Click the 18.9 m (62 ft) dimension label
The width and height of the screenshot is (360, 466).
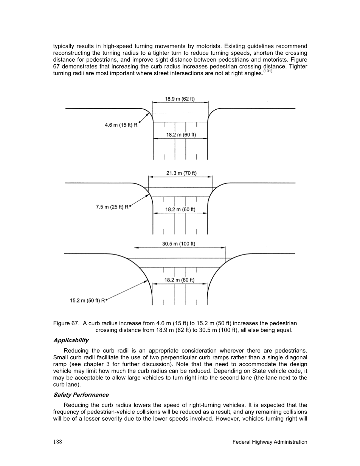pyautogui.click(x=180, y=99)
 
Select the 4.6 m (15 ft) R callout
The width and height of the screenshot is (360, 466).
pyautogui.click(x=121, y=125)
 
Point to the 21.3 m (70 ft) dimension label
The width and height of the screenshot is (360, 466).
pyautogui.click(x=182, y=173)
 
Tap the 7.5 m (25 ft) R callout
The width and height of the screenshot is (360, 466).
pyautogui.click(x=112, y=207)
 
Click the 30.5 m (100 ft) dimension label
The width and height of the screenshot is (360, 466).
pyautogui.click(x=179, y=244)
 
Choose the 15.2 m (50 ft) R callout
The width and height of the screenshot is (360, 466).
pyautogui.click(x=87, y=301)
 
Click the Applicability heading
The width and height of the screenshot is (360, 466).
pyautogui.click(x=71, y=340)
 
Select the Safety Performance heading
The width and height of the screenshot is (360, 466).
pyautogui.click(x=81, y=395)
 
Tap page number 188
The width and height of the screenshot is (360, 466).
pyautogui.click(x=57, y=442)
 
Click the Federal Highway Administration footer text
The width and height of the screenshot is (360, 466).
pyautogui.click(x=270, y=442)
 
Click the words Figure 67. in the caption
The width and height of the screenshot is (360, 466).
pyautogui.click(x=67, y=323)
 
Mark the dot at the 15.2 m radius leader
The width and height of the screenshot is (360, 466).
pyautogui.click(x=107, y=300)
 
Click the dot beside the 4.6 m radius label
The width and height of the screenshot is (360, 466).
pyautogui.click(x=139, y=123)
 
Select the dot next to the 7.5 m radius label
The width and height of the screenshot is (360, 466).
pyautogui.click(x=130, y=206)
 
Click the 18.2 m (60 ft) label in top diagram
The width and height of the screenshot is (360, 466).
pyautogui.click(x=181, y=135)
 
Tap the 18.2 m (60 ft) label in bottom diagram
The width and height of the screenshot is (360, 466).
pyautogui.click(x=180, y=280)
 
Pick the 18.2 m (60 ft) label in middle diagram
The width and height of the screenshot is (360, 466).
pyautogui.click(x=180, y=209)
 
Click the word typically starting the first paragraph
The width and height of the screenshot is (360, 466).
pyautogui.click(x=64, y=46)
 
